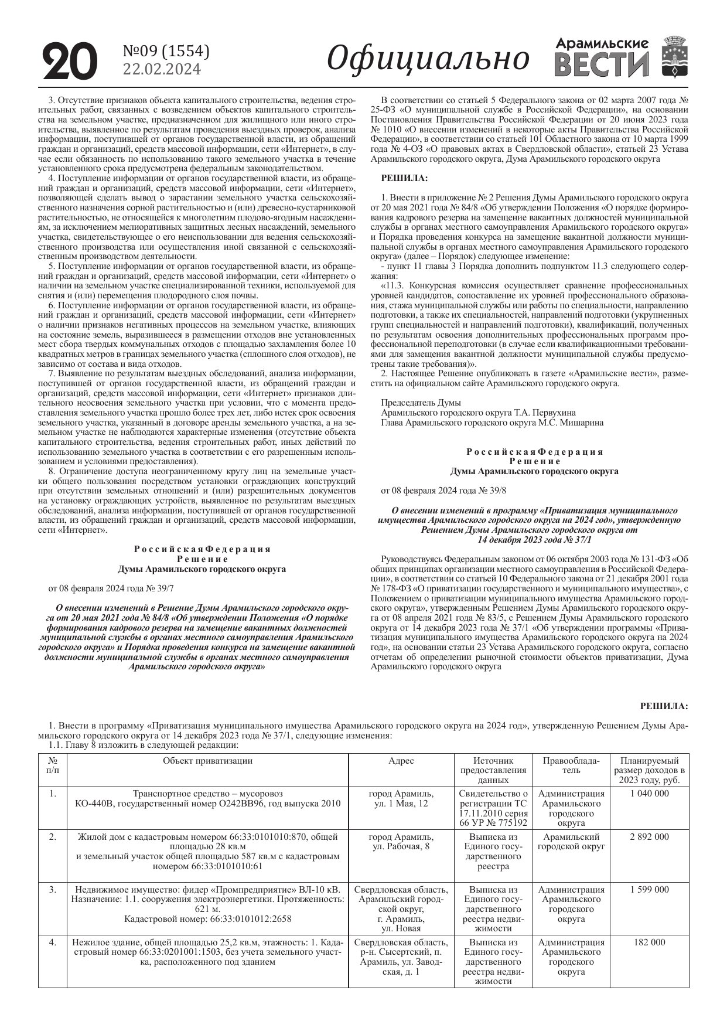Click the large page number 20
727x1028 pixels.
pos(69,61)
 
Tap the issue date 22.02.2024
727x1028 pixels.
pos(161,69)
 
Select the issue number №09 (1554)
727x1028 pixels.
pos(166,52)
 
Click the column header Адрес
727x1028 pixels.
pos(401,761)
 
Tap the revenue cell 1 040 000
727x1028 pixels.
pos(649,794)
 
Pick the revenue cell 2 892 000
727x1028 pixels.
pos(649,837)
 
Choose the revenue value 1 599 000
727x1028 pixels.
pos(649,890)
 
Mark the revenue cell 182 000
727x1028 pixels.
pos(649,942)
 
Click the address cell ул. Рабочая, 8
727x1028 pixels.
pos(401,847)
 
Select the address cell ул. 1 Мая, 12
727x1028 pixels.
pos(401,804)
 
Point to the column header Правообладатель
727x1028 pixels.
pos(571,765)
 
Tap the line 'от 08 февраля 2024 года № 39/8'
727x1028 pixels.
pos(443,490)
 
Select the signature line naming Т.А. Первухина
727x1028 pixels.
pos(478,413)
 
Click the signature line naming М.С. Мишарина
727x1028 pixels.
pos(492,422)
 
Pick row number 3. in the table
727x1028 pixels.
pos(53,890)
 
